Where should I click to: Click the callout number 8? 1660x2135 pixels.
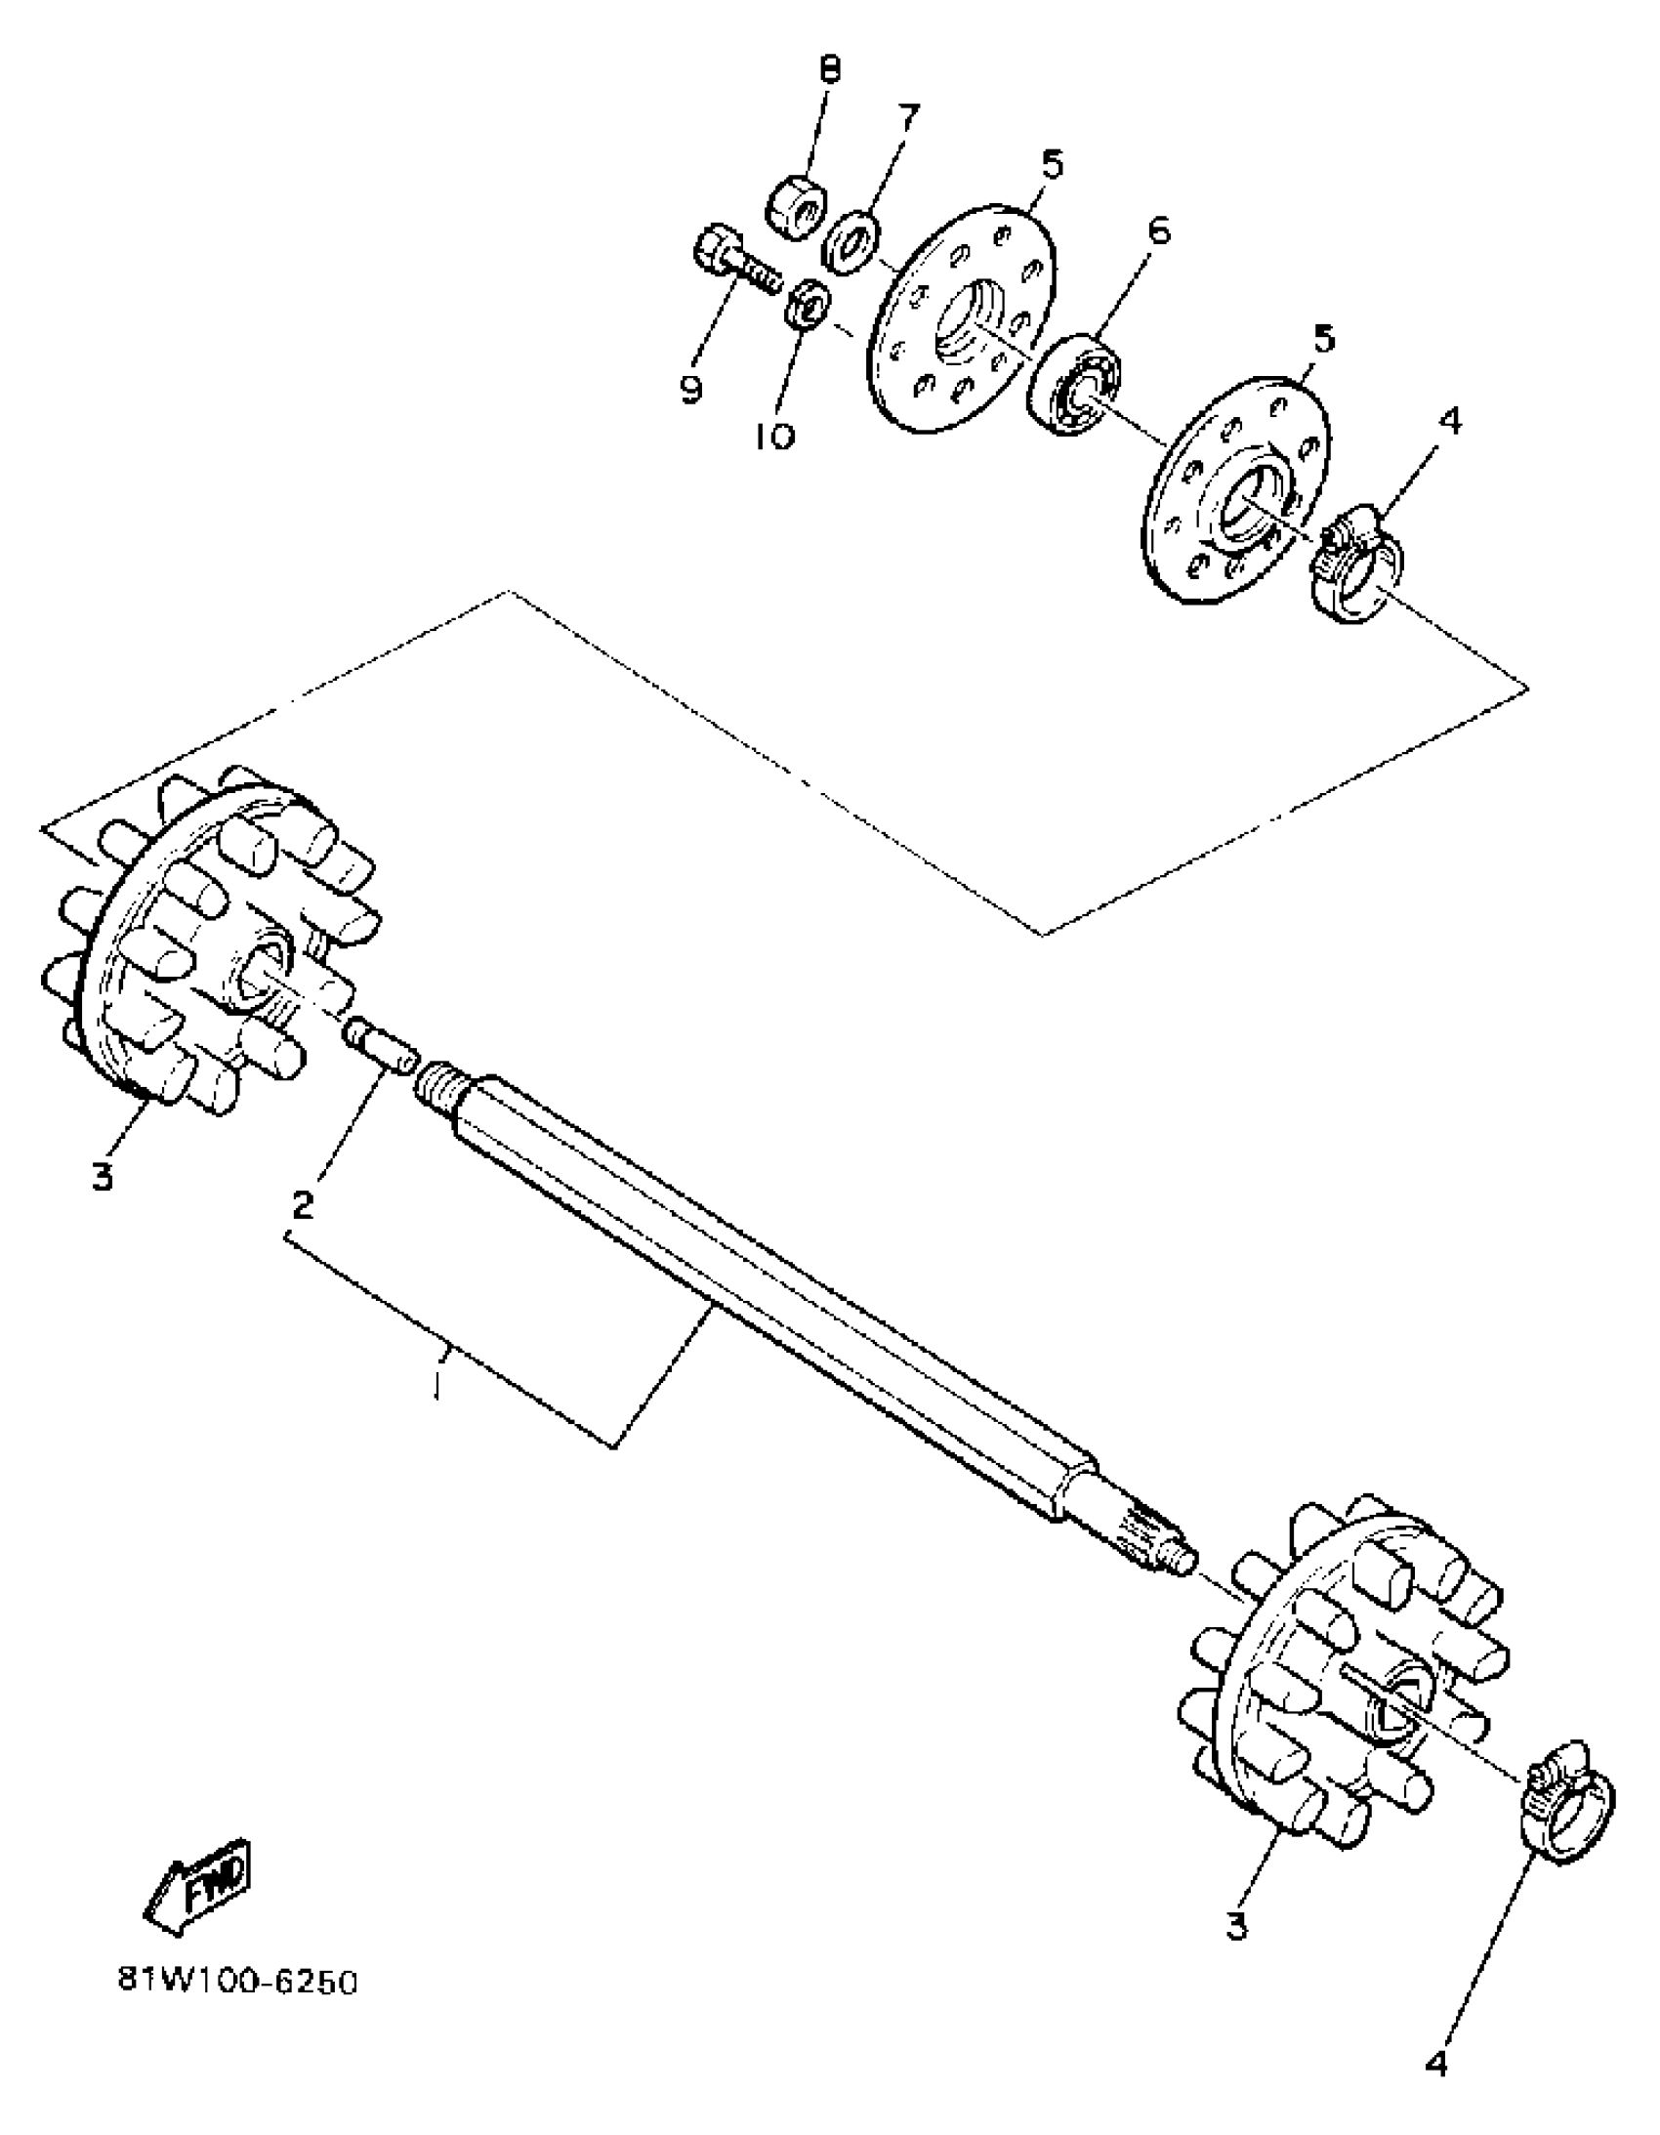tap(829, 70)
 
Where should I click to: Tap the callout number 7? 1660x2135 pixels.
tap(909, 117)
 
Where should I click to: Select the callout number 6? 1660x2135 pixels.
tap(1158, 230)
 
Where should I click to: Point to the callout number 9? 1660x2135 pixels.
tap(691, 389)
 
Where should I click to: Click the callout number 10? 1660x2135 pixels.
tap(775, 436)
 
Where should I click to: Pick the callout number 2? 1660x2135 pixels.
tap(303, 1204)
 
